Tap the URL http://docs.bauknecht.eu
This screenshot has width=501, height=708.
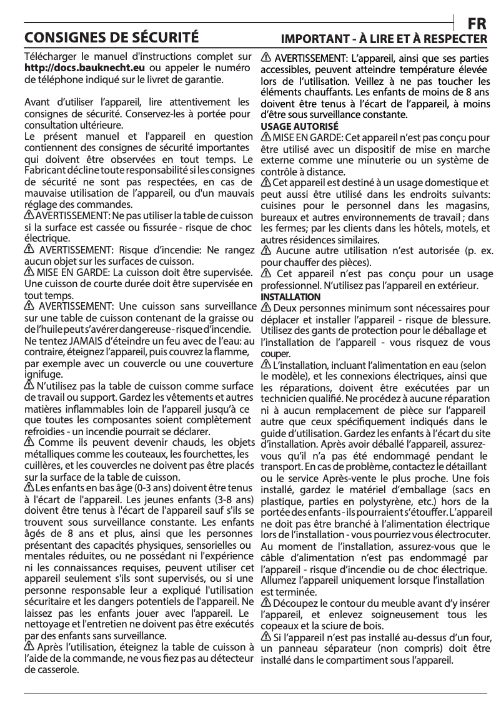coord(85,68)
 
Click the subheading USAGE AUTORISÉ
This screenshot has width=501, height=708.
coord(290,126)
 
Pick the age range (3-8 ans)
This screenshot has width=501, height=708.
coord(233,499)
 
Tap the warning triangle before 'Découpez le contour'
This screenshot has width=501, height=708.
coord(265,602)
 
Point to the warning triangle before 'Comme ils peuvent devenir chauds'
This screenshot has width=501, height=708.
coord(29,443)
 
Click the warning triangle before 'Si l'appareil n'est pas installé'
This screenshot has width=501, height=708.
coord(265,637)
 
